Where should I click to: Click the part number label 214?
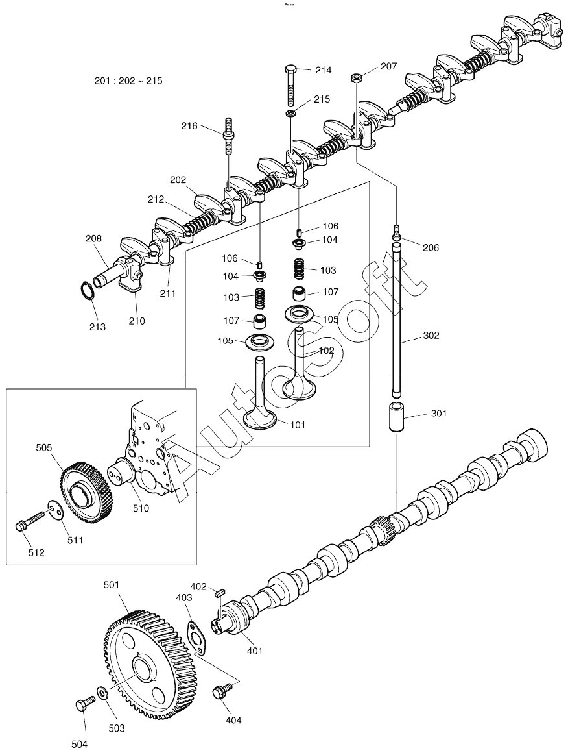(323, 70)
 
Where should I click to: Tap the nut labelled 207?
(357, 77)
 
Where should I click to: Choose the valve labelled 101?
(260, 393)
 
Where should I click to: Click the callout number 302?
(431, 336)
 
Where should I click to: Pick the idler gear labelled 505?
(87, 493)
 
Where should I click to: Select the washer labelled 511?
(55, 511)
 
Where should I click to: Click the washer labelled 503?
(102, 693)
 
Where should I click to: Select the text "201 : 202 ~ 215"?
(128, 81)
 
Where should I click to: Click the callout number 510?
(141, 508)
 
